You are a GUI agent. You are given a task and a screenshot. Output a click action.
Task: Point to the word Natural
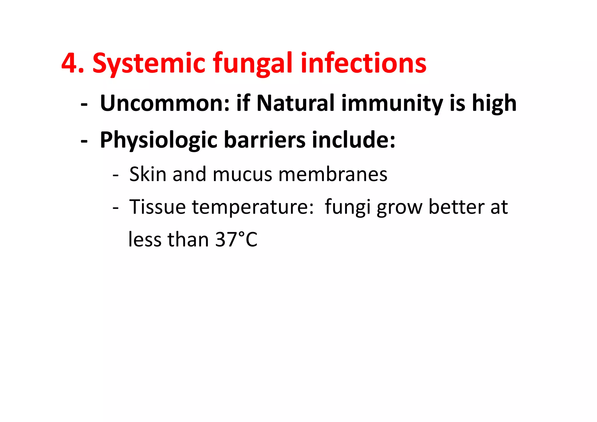pyautogui.click(x=295, y=103)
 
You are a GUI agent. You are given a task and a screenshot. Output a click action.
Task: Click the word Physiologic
pyautogui.click(x=159, y=140)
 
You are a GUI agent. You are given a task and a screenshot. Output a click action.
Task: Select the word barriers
pyautogui.click(x=265, y=140)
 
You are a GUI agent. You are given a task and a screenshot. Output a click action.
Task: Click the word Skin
pyautogui.click(x=148, y=174)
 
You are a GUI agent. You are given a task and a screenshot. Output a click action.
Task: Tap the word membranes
pyautogui.click(x=333, y=174)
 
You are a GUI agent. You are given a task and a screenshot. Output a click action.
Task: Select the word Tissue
pyautogui.click(x=157, y=207)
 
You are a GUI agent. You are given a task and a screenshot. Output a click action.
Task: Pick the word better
pyautogui.click(x=456, y=207)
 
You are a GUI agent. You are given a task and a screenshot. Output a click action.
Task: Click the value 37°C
pyautogui.click(x=236, y=240)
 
